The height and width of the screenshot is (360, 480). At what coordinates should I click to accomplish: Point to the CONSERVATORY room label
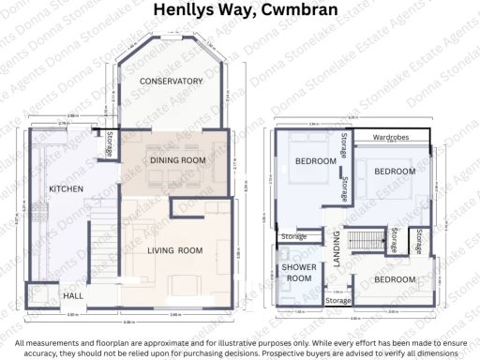[172, 82]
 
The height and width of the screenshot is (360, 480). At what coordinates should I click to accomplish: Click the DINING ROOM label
[177, 160]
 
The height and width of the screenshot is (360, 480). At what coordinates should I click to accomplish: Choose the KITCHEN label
[66, 188]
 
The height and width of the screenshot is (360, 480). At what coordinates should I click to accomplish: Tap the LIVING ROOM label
[175, 249]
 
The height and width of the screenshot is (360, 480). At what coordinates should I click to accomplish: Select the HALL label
[72, 296]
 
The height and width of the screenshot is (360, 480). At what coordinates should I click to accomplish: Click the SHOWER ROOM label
[298, 273]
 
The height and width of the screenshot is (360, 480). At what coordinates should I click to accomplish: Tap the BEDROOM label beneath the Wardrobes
[395, 172]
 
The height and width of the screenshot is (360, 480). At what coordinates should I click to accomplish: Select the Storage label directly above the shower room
[293, 236]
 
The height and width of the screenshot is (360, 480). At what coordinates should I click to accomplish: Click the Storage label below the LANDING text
[338, 301]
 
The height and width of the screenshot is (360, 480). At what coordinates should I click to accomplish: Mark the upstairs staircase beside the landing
[365, 240]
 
